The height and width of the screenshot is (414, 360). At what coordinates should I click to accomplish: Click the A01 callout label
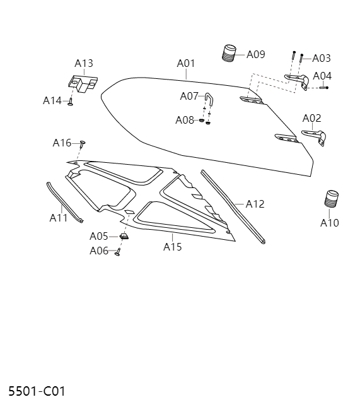pyautogui.click(x=185, y=63)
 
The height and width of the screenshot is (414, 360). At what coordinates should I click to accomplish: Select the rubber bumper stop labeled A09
pyautogui.click(x=229, y=53)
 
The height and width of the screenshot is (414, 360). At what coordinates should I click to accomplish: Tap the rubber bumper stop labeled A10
pyautogui.click(x=332, y=198)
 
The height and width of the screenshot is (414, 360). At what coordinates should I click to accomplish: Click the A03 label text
pyautogui.click(x=321, y=58)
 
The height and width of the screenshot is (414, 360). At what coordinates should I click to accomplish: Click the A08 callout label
pyautogui.click(x=184, y=120)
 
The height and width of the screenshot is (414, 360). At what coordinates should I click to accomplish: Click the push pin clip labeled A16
pyautogui.click(x=83, y=144)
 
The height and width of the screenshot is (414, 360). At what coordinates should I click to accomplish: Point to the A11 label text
pyautogui.click(x=58, y=218)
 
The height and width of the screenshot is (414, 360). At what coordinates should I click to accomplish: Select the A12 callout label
pyautogui.click(x=255, y=204)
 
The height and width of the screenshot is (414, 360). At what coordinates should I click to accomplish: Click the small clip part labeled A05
pyautogui.click(x=124, y=237)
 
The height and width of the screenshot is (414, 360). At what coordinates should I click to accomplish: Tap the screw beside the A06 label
pyautogui.click(x=118, y=252)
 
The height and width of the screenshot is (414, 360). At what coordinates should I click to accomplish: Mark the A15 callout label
pyautogui.click(x=172, y=247)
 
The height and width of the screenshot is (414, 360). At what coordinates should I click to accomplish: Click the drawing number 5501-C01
pyautogui.click(x=37, y=391)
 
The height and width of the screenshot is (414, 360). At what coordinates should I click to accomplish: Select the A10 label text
pyautogui.click(x=329, y=223)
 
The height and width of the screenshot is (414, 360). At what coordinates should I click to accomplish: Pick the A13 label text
pyautogui.click(x=84, y=63)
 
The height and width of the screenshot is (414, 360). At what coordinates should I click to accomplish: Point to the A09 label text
pyautogui.click(x=255, y=54)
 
